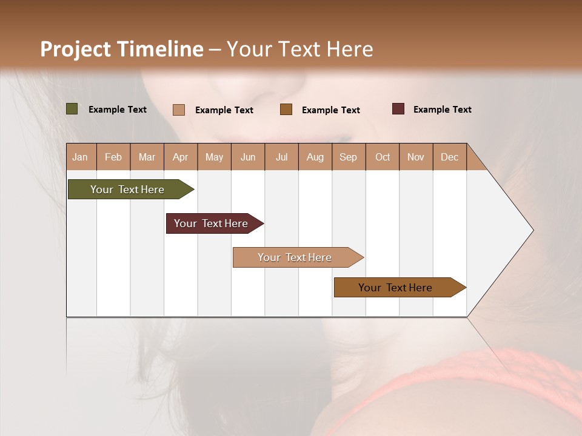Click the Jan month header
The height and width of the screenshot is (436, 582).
(x=80, y=157)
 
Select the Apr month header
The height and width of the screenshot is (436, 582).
(x=180, y=157)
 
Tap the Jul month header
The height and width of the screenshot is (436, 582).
(x=281, y=157)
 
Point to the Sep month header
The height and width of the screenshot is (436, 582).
(x=348, y=157)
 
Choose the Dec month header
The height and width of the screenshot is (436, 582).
(x=449, y=157)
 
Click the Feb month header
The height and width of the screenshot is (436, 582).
(x=113, y=157)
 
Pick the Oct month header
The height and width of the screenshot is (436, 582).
(x=383, y=157)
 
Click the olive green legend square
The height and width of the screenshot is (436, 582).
(x=72, y=109)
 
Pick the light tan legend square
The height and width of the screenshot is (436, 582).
(x=178, y=110)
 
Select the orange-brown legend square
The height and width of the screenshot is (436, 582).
(x=286, y=110)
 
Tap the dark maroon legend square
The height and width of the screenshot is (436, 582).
(x=398, y=109)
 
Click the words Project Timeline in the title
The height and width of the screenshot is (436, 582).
(x=121, y=49)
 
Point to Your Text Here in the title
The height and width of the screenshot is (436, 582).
(x=300, y=49)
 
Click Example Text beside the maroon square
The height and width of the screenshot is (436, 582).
(x=442, y=110)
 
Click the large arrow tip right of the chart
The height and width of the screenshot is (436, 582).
(x=509, y=230)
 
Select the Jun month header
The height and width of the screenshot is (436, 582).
(x=248, y=157)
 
